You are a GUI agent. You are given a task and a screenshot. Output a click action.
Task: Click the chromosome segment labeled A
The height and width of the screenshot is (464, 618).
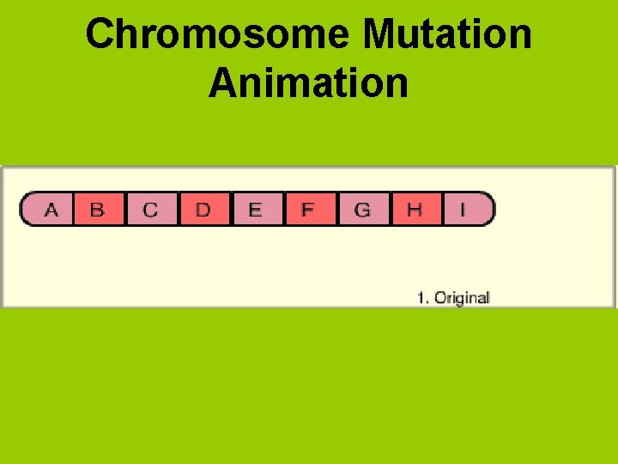tap(51, 209)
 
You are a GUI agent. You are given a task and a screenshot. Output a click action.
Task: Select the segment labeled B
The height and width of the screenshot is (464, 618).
tap(98, 209)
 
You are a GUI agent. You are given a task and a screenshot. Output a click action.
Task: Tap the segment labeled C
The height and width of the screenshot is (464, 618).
tap(151, 209)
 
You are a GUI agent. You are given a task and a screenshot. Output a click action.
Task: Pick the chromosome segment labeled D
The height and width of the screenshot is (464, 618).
tap(203, 209)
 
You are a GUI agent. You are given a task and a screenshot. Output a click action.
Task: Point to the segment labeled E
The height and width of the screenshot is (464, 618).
tap(256, 209)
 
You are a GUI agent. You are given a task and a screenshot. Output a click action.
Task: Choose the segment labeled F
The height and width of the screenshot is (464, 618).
tap(308, 209)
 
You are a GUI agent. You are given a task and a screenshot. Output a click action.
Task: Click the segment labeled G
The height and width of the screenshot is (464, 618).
tap(362, 209)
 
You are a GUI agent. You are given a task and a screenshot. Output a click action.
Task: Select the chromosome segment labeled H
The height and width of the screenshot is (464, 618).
tap(415, 209)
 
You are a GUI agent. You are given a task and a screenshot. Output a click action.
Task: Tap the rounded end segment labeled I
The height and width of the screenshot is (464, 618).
tap(466, 209)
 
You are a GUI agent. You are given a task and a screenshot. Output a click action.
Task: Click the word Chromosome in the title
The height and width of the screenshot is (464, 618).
tap(218, 35)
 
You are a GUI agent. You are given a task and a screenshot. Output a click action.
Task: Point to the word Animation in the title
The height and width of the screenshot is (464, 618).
tap(308, 83)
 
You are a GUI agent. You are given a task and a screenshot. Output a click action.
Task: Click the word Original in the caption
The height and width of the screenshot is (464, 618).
tap(462, 298)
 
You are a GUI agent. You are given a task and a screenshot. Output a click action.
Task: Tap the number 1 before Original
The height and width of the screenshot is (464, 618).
tap(421, 298)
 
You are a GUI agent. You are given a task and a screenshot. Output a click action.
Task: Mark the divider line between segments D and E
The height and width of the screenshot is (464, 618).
tap(231, 209)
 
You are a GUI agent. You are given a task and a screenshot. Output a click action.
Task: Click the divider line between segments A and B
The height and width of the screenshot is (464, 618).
tap(73, 209)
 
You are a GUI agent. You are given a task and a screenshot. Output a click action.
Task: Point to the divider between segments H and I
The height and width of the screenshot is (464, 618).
tap(442, 209)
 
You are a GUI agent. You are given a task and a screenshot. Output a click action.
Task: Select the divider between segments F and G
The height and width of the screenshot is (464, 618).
tap(336, 209)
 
